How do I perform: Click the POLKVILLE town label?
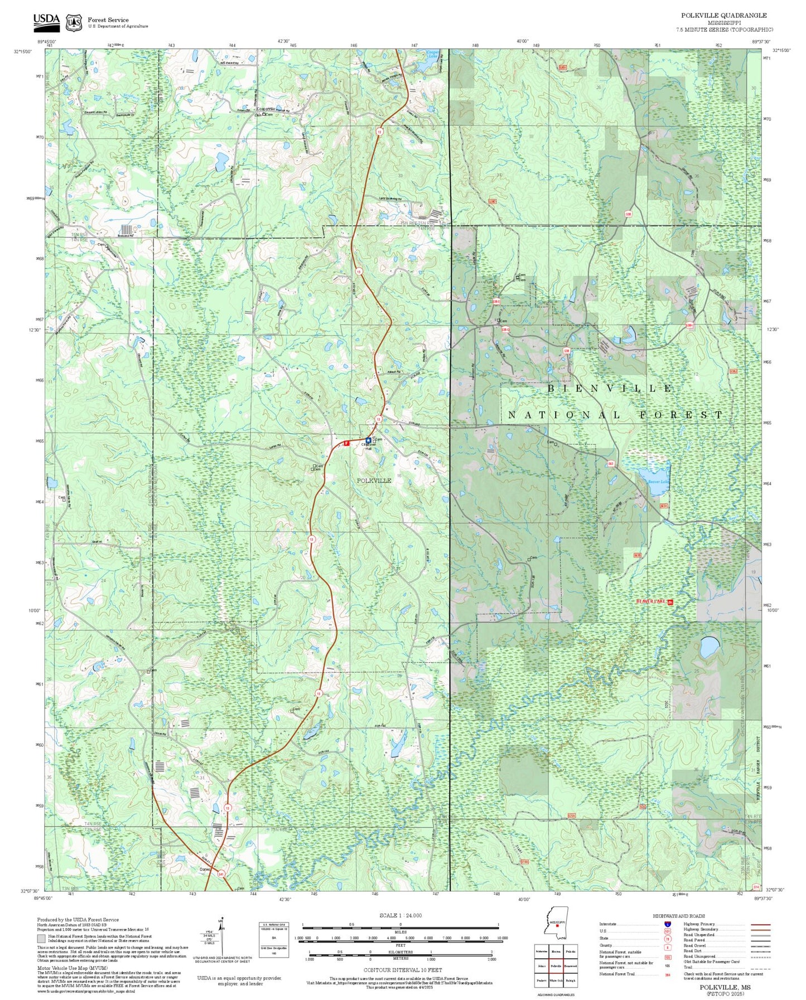pyautogui.click(x=374, y=480)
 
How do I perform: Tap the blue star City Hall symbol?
pyautogui.click(x=368, y=440)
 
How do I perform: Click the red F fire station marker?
pyautogui.click(x=346, y=443)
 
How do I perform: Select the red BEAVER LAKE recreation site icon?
pyautogui.click(x=670, y=602)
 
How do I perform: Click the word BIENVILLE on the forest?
pyautogui.click(x=610, y=388)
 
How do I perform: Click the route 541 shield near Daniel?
pyautogui.click(x=222, y=873)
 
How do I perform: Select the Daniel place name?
pyautogui.click(x=206, y=868)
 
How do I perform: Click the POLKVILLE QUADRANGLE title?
pyautogui.click(x=723, y=16)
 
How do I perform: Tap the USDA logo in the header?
pyautogui.click(x=46, y=21)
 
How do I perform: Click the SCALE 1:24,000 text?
pyautogui.click(x=400, y=916)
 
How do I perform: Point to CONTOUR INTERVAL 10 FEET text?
pyautogui.click(x=400, y=970)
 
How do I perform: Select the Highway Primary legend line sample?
pyautogui.click(x=760, y=924)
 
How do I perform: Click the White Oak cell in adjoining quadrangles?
pyautogui.click(x=556, y=980)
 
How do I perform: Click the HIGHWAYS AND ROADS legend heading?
pyautogui.click(x=679, y=916)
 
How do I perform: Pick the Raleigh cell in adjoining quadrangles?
pyautogui.click(x=570, y=980)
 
